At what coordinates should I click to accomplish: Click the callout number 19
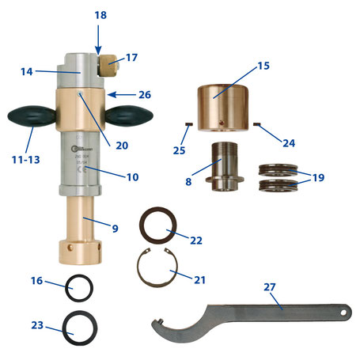point(316,178)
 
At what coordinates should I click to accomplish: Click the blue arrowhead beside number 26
point(110,94)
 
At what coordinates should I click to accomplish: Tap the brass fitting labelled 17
point(108,63)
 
